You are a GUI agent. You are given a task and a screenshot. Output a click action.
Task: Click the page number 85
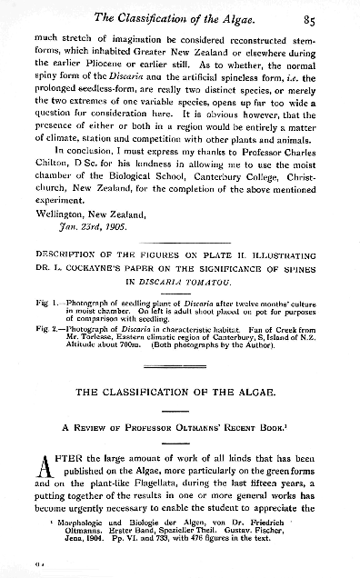click(333, 15)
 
